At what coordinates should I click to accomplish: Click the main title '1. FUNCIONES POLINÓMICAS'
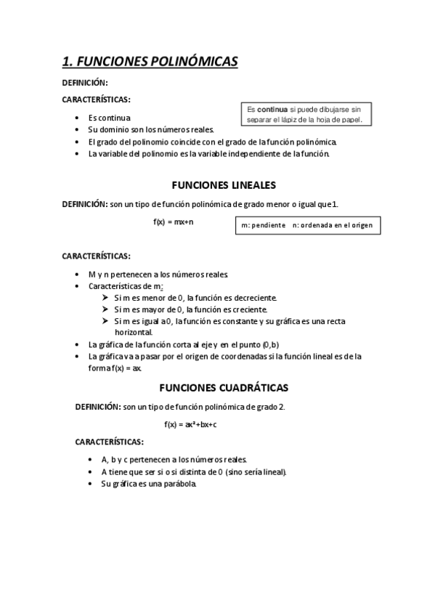click(150, 62)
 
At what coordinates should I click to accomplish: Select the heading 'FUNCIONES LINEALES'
click(223, 185)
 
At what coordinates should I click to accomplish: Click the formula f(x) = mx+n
click(173, 222)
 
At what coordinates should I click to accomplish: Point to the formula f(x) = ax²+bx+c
click(190, 423)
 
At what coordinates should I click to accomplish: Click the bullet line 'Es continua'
click(110, 118)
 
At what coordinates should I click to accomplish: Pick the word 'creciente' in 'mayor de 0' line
click(251, 309)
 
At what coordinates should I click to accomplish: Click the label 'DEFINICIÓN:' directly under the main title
click(85, 84)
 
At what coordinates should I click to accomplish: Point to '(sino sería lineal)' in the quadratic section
click(255, 471)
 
